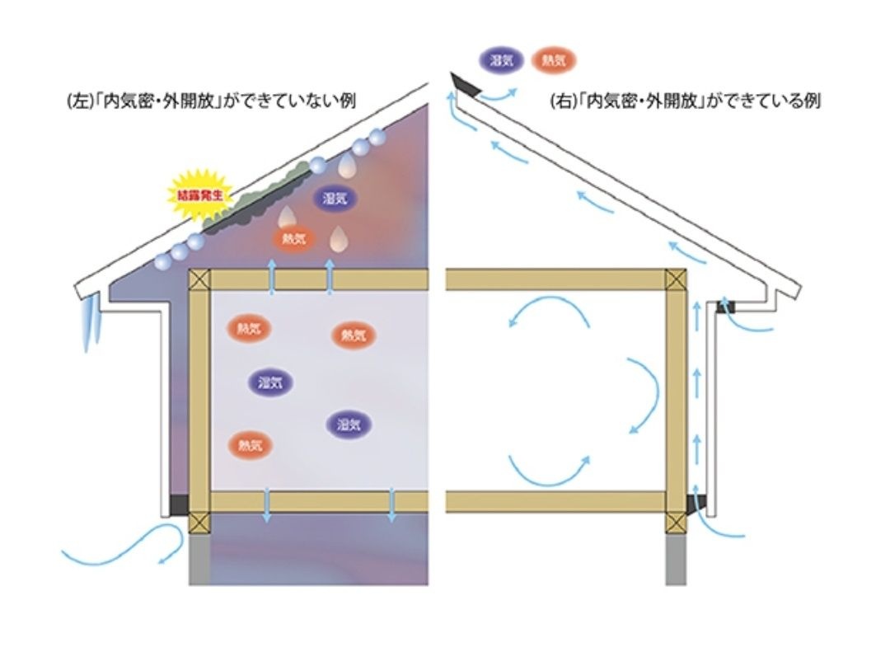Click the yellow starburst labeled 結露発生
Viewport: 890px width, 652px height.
click(201, 196)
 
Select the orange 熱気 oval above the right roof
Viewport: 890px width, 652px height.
click(554, 59)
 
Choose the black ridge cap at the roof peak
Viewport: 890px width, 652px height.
click(466, 84)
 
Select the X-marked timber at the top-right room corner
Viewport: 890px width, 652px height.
click(676, 279)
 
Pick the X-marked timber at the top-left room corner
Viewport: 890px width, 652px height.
click(199, 279)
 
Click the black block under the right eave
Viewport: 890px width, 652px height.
click(726, 307)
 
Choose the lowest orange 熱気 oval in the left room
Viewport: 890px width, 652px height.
click(250, 445)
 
